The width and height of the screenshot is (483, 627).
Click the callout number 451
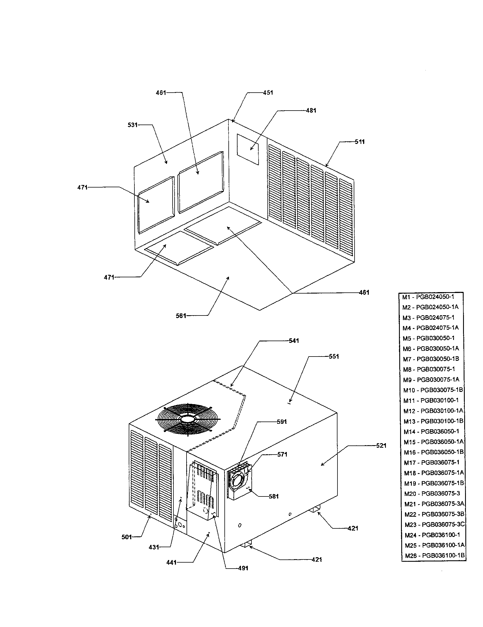click(x=268, y=93)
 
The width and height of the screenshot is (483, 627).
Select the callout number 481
click(x=311, y=111)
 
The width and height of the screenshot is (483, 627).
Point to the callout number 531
click(x=132, y=125)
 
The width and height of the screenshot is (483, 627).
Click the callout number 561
click(x=181, y=316)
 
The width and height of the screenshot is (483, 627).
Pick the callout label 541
click(x=294, y=341)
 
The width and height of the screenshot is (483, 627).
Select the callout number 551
click(x=334, y=357)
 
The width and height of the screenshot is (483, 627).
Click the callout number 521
click(x=381, y=445)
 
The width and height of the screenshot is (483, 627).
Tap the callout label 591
click(x=282, y=422)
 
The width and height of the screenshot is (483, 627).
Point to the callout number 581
click(x=274, y=496)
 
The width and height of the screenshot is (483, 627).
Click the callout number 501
click(x=126, y=537)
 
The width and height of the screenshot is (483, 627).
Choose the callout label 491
click(x=243, y=568)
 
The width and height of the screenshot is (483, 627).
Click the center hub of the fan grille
click(x=188, y=420)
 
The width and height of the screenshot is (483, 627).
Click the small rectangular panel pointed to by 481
click(x=248, y=150)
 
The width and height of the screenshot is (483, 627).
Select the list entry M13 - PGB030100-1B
click(x=433, y=421)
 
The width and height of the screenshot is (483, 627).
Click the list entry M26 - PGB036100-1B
click(x=435, y=555)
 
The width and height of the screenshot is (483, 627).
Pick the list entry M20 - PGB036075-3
click(x=432, y=494)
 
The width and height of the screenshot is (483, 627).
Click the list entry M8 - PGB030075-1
click(x=429, y=369)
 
